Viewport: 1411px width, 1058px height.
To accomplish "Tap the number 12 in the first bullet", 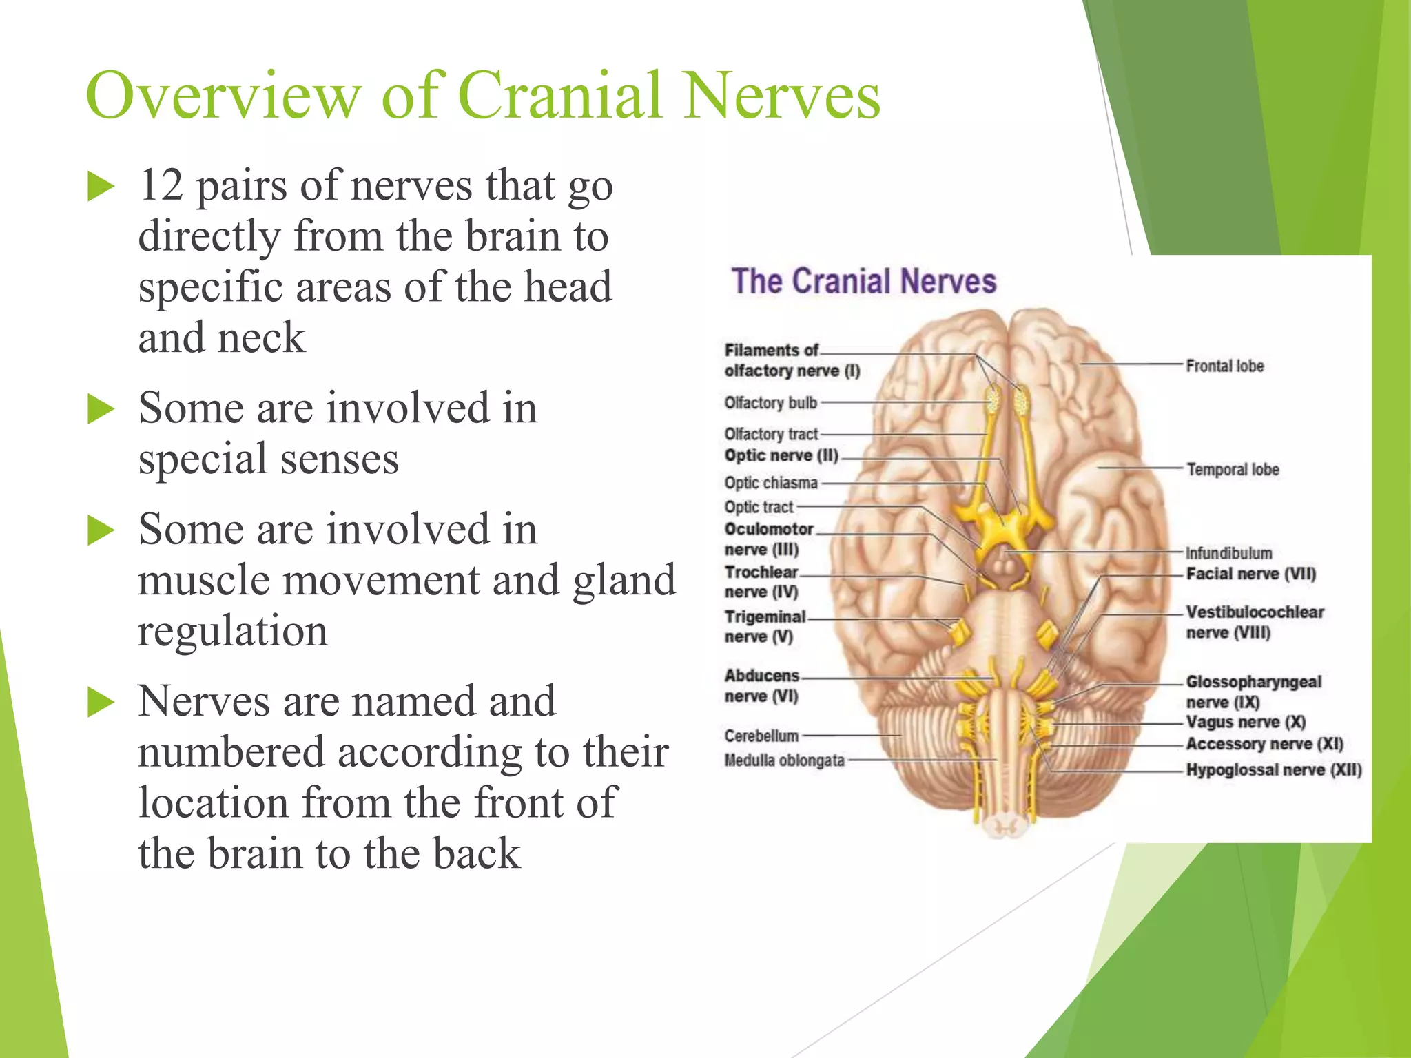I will [x=161, y=185].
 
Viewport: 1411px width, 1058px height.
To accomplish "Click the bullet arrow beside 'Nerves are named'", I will [x=101, y=703].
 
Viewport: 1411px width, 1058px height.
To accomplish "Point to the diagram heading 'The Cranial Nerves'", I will [x=863, y=282].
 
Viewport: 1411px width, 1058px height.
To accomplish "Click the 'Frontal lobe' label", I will [x=1224, y=366].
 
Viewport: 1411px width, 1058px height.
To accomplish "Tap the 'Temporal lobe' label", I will [x=1232, y=469].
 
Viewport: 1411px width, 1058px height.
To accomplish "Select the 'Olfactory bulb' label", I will [x=770, y=402].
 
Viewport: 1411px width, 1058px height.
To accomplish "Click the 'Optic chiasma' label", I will [x=770, y=483].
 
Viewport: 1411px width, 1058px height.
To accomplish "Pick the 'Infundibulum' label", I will [x=1228, y=553].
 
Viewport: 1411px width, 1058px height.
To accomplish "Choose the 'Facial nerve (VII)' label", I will [x=1250, y=574].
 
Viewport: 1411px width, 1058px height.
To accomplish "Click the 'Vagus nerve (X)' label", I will [x=1246, y=722].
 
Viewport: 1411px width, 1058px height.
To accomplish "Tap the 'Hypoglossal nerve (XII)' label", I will [x=1273, y=769].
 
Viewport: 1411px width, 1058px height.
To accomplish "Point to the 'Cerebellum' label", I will [x=761, y=736].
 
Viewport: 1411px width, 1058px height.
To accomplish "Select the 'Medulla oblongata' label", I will [x=784, y=760].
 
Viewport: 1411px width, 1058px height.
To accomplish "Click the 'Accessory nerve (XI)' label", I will [x=1264, y=744].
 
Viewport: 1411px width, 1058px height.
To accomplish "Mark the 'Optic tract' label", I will [x=759, y=507].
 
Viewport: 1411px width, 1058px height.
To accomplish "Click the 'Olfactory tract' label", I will [x=771, y=434].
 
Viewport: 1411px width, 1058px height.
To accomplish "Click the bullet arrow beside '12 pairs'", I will [x=101, y=187].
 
